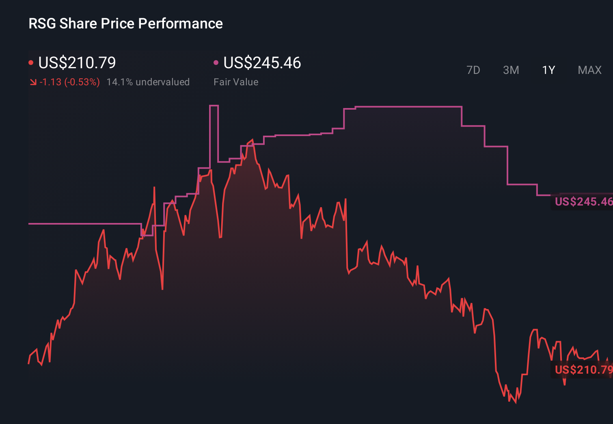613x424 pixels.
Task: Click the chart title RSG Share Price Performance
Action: [125, 24]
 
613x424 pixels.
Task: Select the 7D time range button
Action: [473, 70]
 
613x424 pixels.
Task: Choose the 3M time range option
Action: [511, 70]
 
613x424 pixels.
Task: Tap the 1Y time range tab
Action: [548, 70]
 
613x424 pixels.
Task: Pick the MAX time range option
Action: [589, 70]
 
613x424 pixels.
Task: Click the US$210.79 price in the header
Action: [77, 63]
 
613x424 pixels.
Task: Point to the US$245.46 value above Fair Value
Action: [262, 63]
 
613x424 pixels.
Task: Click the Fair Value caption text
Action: [236, 82]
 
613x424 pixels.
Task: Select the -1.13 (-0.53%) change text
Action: [69, 82]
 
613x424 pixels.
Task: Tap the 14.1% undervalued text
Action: [148, 82]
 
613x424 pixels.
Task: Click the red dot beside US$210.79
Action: [31, 63]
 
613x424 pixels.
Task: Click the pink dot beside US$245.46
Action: [216, 63]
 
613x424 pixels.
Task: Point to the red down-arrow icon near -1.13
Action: [33, 82]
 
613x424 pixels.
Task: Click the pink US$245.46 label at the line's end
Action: [583, 201]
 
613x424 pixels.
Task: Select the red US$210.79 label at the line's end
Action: [583, 370]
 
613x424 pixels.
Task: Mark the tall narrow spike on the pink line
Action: [214, 106]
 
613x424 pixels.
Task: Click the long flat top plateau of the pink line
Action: [408, 107]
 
